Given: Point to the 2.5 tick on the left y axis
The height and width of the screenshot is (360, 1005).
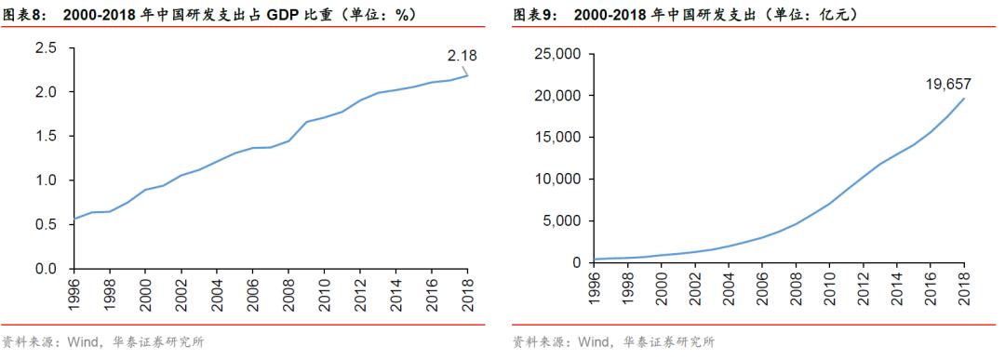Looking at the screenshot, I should click(47, 47).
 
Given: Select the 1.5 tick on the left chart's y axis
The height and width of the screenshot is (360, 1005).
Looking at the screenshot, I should click(47, 136).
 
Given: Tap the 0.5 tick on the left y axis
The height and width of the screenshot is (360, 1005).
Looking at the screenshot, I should click(47, 224).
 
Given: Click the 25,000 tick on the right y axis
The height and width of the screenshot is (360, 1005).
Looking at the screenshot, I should click(556, 54).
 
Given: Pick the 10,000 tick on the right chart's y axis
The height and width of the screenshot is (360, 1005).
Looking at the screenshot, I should click(556, 180).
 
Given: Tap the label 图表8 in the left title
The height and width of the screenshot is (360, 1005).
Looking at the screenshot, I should click(22, 16).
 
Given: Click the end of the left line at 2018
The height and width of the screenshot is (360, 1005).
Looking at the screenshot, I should click(467, 75).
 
